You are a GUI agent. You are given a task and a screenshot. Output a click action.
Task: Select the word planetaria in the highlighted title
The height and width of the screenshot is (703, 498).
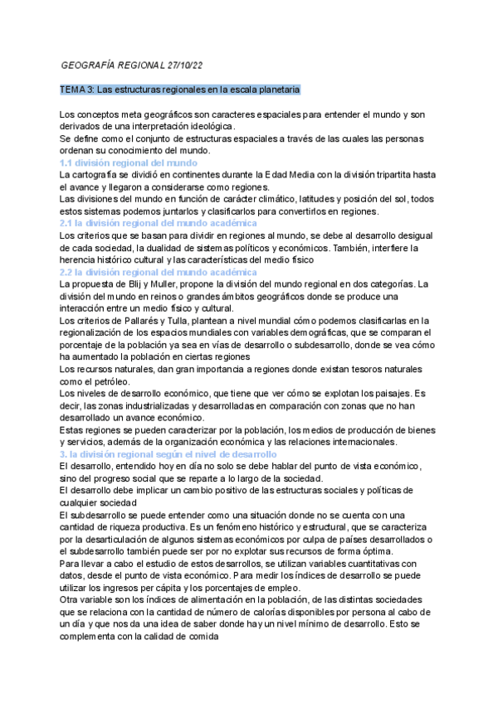pyautogui.click(x=276, y=89)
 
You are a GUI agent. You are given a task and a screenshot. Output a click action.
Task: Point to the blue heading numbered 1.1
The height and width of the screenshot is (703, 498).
pyautogui.click(x=129, y=163)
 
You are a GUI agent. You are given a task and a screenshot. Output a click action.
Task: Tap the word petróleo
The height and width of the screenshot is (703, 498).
pyautogui.click(x=92, y=381)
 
